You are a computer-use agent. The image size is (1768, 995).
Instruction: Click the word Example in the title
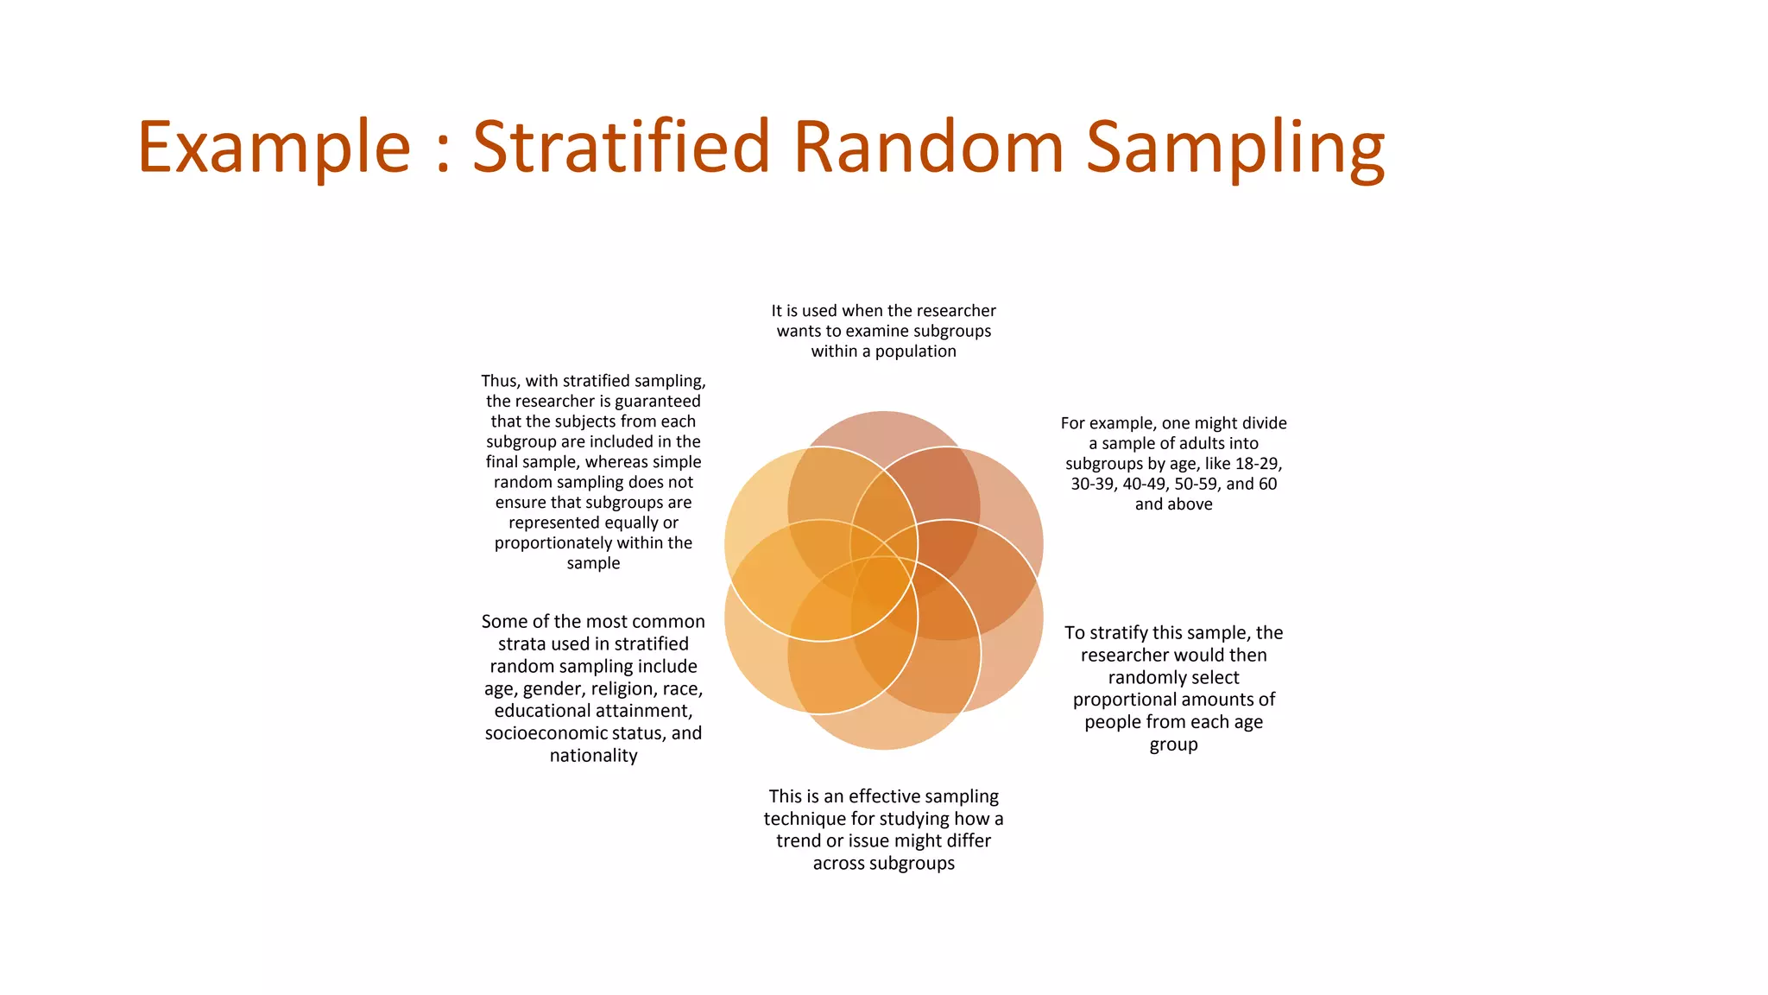pyautogui.click(x=274, y=148)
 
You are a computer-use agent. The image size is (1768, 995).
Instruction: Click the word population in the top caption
pyautogui.click(x=915, y=352)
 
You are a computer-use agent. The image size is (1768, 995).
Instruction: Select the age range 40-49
pyautogui.click(x=1146, y=485)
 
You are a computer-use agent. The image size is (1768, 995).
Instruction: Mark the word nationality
pyautogui.click(x=593, y=756)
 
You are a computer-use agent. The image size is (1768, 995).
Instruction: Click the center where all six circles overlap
pyautogui.click(x=884, y=580)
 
